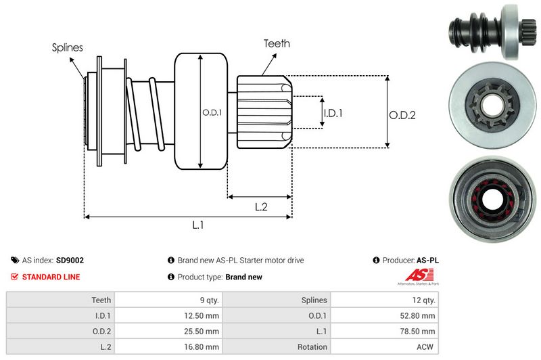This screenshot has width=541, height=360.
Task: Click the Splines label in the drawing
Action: (x=68, y=47)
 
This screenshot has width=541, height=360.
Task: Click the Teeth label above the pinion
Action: (x=277, y=43)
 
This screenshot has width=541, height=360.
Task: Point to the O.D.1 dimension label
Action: (x=212, y=112)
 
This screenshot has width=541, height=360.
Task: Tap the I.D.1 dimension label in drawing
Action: (x=333, y=113)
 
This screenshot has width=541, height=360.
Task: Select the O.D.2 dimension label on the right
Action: (x=402, y=115)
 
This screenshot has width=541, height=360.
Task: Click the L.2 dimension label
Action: (x=261, y=207)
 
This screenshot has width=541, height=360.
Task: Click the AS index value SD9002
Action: (x=70, y=260)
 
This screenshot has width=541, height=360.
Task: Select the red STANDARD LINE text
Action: (x=51, y=277)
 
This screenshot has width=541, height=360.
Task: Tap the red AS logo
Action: (x=414, y=275)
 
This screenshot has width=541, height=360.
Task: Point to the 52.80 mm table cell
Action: (x=419, y=315)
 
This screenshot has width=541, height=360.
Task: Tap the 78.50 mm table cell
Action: (x=419, y=332)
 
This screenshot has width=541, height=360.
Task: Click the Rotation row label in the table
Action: (x=311, y=347)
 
